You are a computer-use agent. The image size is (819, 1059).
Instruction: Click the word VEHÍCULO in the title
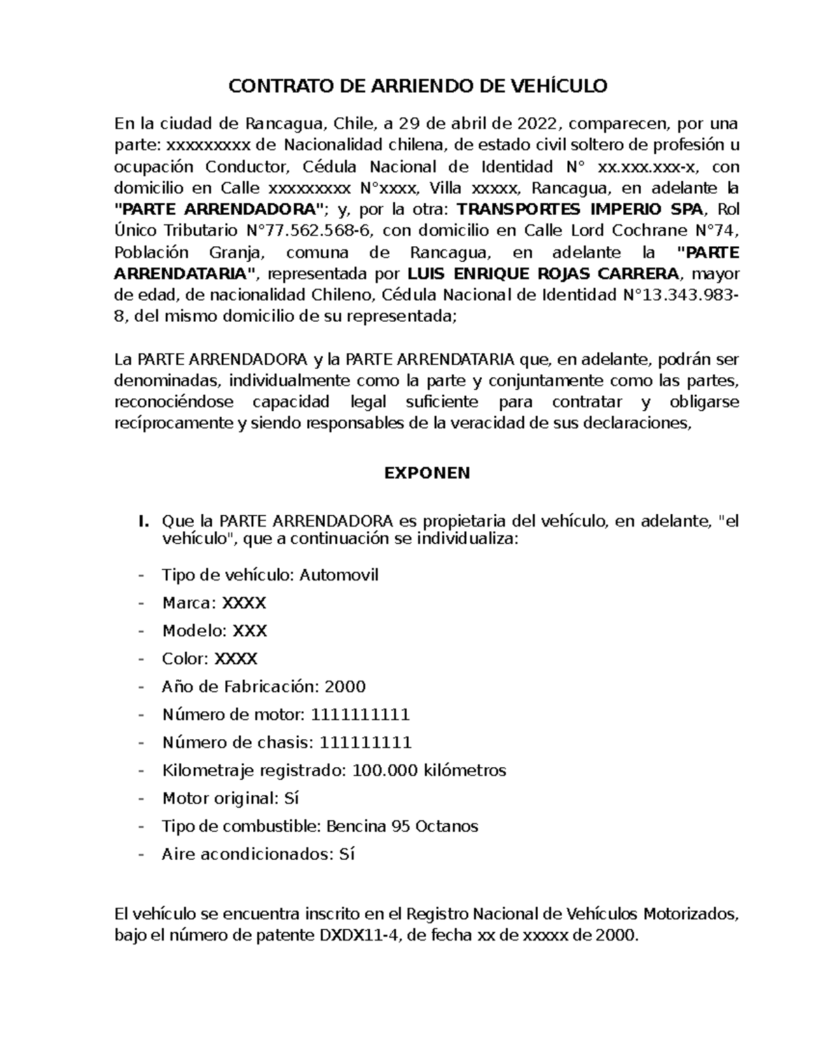point(558,87)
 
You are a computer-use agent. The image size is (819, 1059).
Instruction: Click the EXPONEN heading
point(427,473)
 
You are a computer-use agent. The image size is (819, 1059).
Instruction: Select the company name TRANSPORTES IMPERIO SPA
point(579,209)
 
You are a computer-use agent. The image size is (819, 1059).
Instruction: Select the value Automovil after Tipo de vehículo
point(339,575)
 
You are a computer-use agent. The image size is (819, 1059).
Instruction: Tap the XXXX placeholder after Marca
point(245,603)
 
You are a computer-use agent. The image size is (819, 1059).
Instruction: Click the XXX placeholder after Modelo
point(250,631)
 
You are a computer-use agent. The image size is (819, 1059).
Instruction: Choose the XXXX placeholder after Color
point(236,659)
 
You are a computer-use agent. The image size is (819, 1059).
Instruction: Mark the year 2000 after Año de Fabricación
point(345,687)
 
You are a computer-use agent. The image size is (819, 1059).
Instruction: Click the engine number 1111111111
point(360,715)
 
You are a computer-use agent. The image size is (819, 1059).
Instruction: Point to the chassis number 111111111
point(366,743)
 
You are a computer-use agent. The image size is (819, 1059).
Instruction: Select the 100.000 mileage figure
point(384,771)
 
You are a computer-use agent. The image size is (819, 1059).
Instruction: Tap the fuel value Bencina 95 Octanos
point(403,826)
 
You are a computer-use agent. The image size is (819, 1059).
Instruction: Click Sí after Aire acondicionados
point(347,854)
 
